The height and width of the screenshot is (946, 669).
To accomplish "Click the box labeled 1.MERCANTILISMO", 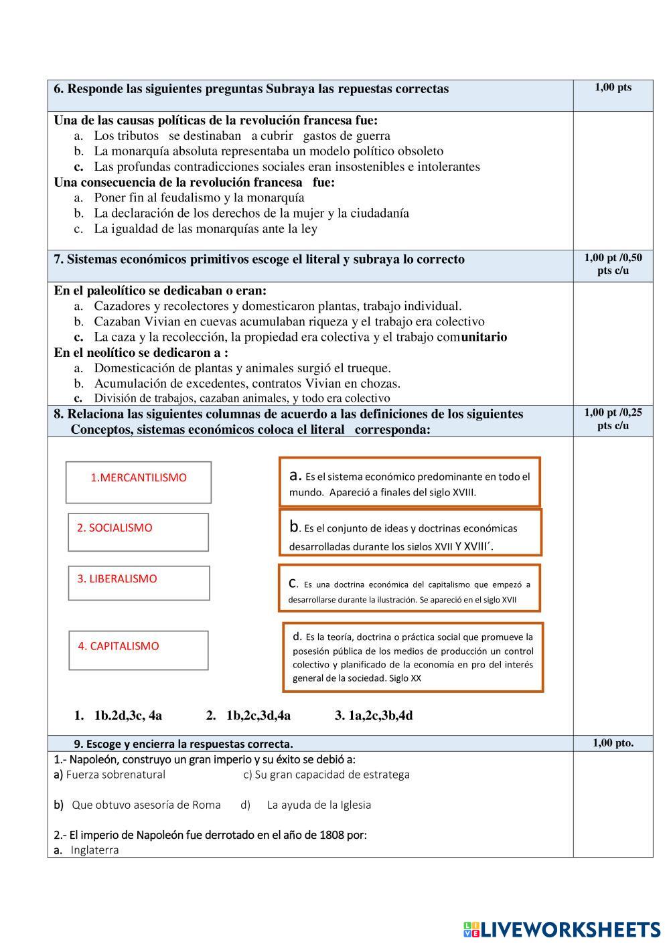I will pyautogui.click(x=139, y=481).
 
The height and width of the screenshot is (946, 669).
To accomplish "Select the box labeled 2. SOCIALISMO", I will pyautogui.click(x=139, y=532).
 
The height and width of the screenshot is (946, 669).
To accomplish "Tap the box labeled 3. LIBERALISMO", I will pyautogui.click(x=139, y=582).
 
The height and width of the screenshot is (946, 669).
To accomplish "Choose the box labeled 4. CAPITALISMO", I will pyautogui.click(x=139, y=649).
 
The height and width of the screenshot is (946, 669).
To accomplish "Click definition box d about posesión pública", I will pyautogui.click(x=413, y=657).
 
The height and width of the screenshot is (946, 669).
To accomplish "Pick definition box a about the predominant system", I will pyautogui.click(x=409, y=482).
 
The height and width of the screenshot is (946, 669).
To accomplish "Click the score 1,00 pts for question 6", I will pyautogui.click(x=613, y=87).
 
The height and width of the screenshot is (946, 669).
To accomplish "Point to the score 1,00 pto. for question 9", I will pyautogui.click(x=613, y=742).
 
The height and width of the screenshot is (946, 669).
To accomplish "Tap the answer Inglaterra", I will pyautogui.click(x=94, y=850).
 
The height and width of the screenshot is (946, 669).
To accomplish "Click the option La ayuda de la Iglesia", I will pyautogui.click(x=319, y=805).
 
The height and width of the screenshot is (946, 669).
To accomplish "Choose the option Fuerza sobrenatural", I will pyautogui.click(x=115, y=775).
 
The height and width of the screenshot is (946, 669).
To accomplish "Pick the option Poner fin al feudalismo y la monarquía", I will pyautogui.click(x=199, y=198).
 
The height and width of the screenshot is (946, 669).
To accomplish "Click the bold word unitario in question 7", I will pyautogui.click(x=484, y=337).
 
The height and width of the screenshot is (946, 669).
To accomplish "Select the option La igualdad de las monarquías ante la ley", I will pyautogui.click(x=206, y=228).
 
